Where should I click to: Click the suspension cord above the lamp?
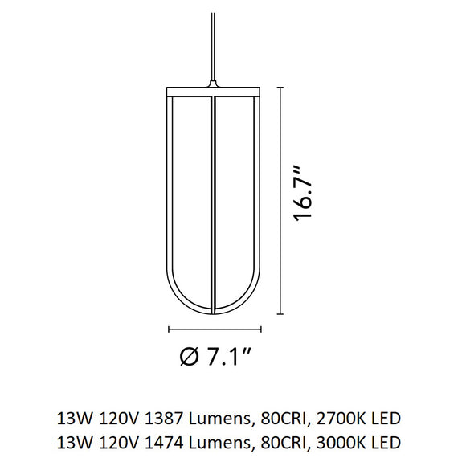(x=213, y=40)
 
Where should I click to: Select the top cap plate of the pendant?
(x=214, y=88)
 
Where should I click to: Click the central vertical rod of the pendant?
(x=214, y=201)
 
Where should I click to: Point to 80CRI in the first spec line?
(x=277, y=419)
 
